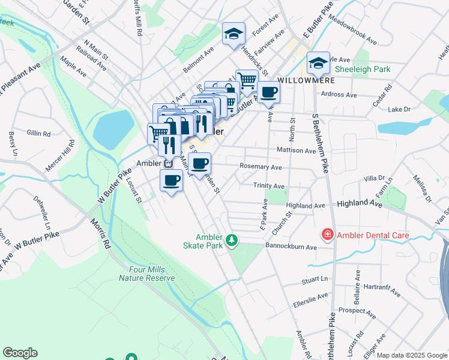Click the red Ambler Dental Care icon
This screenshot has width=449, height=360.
point(328,235)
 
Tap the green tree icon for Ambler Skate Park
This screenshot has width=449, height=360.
point(232,241)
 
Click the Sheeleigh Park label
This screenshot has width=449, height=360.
point(363,70)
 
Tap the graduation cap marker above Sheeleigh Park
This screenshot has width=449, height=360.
point(318,62)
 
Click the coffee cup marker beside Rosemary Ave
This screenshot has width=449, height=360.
point(200,163)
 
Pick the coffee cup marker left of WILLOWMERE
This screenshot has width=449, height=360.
point(269,92)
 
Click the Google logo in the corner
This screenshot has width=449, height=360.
point(20,353)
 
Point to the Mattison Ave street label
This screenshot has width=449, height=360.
point(296,151)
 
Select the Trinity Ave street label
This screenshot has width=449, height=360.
point(268,187)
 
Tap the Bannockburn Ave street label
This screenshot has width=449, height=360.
point(291,247)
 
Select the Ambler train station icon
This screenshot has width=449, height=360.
point(168,163)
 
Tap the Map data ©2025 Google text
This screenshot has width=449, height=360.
point(411,355)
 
